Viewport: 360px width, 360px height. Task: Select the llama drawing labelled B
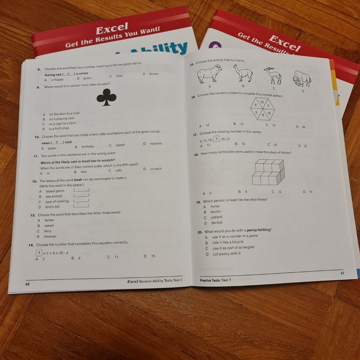[243, 73]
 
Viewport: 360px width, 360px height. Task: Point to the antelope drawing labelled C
[273, 75]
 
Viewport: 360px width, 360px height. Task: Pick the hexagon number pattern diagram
[263, 109]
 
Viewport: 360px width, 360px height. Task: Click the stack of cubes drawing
[268, 172]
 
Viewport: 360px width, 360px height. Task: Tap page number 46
[28, 284]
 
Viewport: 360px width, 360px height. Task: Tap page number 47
[342, 273]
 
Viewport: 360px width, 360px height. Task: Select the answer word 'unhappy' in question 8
[57, 80]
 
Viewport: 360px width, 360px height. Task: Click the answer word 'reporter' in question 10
[156, 144]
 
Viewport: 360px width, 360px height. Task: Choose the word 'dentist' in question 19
[217, 223]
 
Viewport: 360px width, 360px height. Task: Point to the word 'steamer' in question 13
[50, 236]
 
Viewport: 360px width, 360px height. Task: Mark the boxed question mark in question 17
[217, 139]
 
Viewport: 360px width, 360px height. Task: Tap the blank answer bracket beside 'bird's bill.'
[81, 206]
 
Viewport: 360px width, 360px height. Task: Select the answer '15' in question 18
[310, 192]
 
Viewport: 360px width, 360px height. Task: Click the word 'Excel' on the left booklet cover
[112, 30]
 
